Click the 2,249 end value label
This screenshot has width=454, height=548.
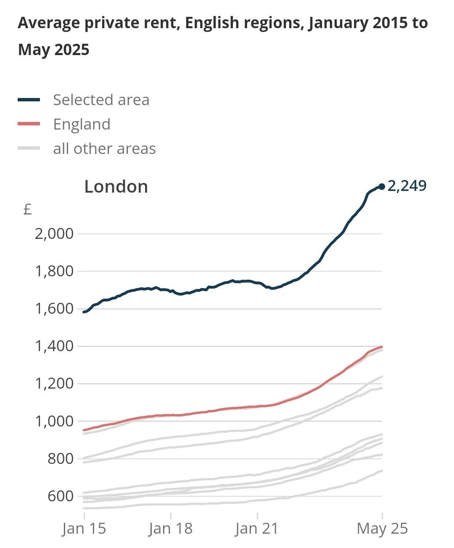pyautogui.click(x=406, y=185)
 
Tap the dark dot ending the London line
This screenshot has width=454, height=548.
pyautogui.click(x=382, y=186)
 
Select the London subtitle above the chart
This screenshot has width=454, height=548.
pyautogui.click(x=116, y=187)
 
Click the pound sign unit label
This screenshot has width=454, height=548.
pyautogui.click(x=28, y=209)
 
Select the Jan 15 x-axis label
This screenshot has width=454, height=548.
pyautogui.click(x=84, y=528)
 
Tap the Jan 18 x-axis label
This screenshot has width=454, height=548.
pyautogui.click(x=171, y=528)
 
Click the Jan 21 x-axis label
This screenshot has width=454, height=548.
pyautogui.click(x=257, y=528)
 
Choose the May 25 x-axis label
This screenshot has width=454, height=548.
pyautogui.click(x=382, y=528)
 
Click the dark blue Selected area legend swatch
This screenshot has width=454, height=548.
pyautogui.click(x=29, y=100)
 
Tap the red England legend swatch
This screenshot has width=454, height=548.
pyautogui.click(x=29, y=124)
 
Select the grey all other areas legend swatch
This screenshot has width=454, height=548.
pyautogui.click(x=29, y=148)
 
